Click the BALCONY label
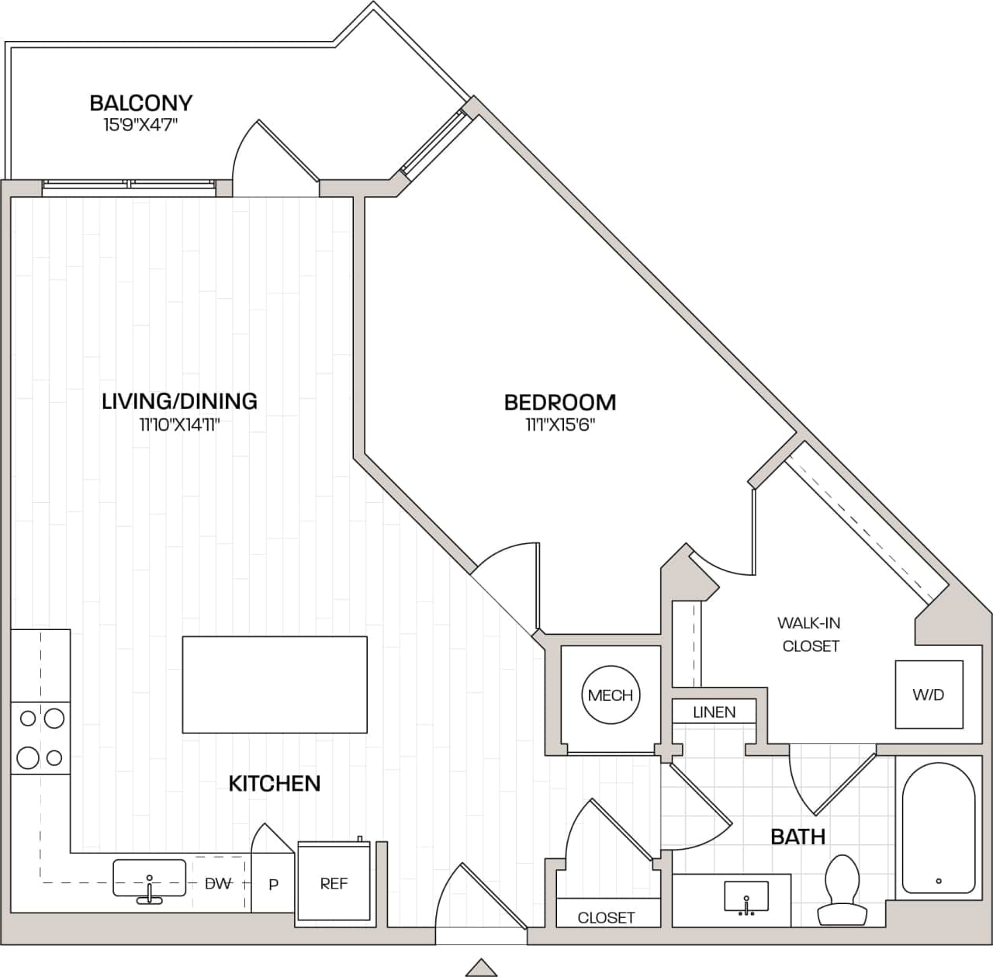140,102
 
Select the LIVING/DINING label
179,401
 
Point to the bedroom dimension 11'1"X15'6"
559,424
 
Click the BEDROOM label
559,402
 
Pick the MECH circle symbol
610,695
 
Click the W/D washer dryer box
929,695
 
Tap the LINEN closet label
714,712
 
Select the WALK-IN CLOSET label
810,634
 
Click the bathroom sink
746,897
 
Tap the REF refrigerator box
334,883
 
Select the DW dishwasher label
219,883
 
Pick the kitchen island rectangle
275,684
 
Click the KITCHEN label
274,783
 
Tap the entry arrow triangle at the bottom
481,967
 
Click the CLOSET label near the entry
606,917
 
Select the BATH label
797,837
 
